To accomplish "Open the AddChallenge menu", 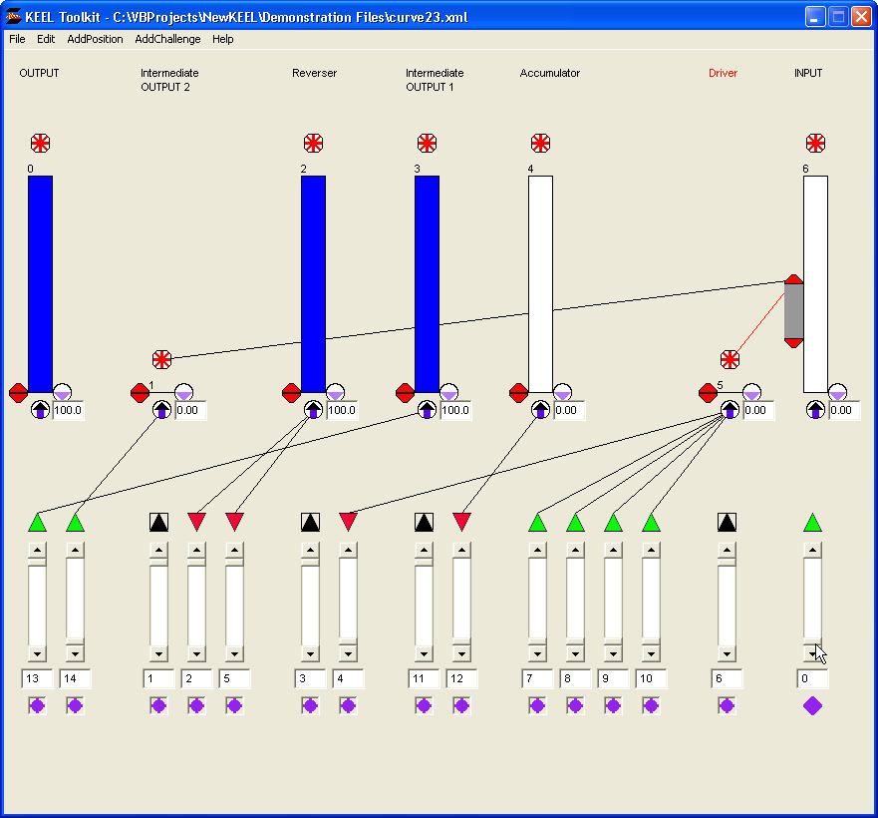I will [167, 40].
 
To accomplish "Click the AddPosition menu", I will [95, 40].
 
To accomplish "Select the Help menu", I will [223, 40].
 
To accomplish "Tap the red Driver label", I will [723, 73].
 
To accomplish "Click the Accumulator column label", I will [549, 73].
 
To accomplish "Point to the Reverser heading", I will [314, 73].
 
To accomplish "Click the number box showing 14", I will [75, 679].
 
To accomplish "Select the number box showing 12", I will [461, 679].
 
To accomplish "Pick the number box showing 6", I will [727, 679].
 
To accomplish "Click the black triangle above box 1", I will [158, 522].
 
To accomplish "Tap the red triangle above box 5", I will [234, 522].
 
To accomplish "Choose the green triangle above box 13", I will [37, 522].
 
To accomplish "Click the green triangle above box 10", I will [651, 522].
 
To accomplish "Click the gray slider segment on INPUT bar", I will [793, 311].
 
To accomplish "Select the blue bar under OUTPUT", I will [40, 284].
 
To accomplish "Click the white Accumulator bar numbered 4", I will [540, 284].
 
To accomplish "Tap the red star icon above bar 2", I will [313, 143].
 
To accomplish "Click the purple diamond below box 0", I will [812, 705].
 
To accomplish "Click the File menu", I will [17, 40].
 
